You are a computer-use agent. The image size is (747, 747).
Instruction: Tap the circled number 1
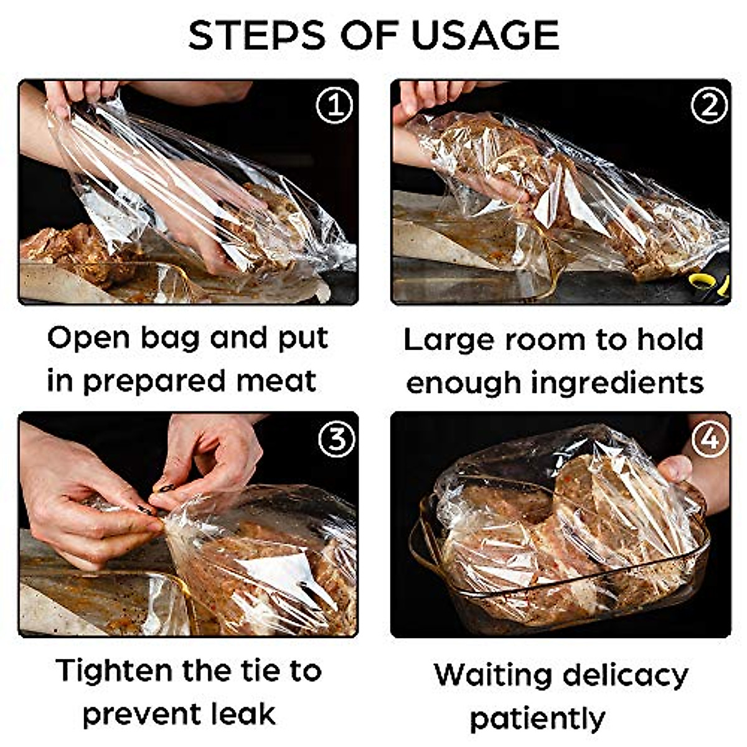334,105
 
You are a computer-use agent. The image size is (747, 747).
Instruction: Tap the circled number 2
709,106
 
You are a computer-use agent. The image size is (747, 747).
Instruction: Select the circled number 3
336,439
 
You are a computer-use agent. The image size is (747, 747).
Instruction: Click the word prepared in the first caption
154,382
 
